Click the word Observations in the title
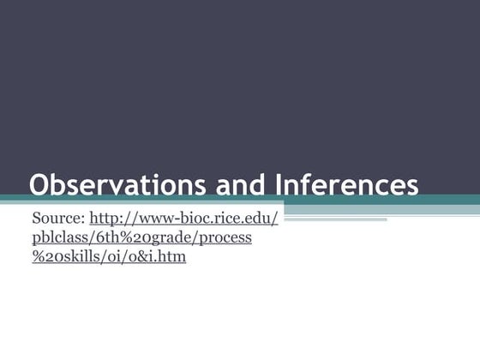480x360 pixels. click(x=113, y=185)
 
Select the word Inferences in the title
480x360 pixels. click(x=346, y=185)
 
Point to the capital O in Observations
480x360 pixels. click(x=40, y=185)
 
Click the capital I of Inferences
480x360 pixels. click(x=279, y=185)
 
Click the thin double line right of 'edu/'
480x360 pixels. click(x=334, y=219)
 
